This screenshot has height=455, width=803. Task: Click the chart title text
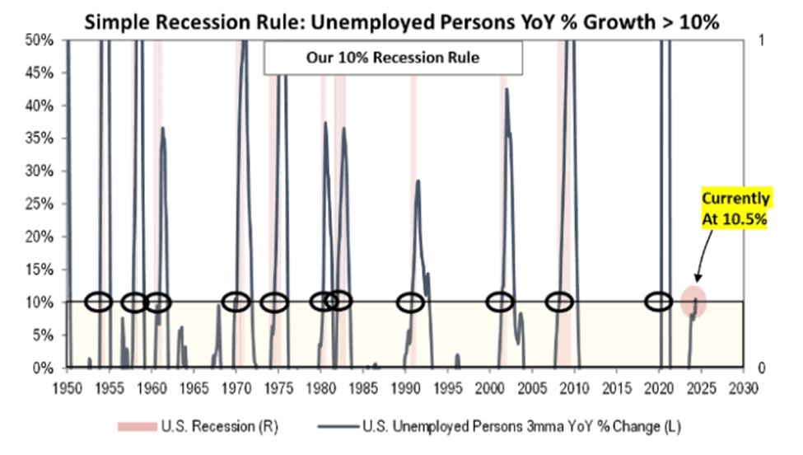point(401,22)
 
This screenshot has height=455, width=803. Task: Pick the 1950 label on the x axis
point(67,386)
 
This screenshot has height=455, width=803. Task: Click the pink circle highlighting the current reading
point(693,301)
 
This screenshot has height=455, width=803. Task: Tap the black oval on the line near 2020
point(658,302)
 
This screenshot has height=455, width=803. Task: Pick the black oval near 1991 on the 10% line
point(409,302)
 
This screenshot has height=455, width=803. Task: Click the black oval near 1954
point(98,302)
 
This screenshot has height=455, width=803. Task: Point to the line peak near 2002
point(506,89)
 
